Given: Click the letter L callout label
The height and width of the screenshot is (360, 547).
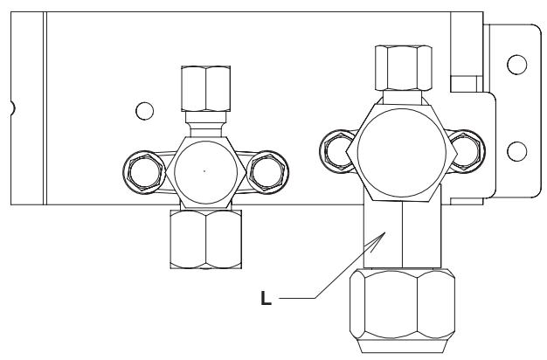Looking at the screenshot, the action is pyautogui.click(x=266, y=299).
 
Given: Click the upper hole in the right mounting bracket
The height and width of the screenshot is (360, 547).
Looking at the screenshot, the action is pyautogui.click(x=517, y=65).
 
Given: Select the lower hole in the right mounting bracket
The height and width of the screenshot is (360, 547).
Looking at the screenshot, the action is pyautogui.click(x=517, y=151).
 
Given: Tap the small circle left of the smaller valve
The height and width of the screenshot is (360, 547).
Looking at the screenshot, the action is pyautogui.click(x=144, y=111).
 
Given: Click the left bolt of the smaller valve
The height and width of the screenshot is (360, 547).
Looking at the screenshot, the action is pyautogui.click(x=144, y=172).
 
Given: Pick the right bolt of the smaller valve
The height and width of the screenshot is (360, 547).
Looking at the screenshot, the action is pyautogui.click(x=268, y=172).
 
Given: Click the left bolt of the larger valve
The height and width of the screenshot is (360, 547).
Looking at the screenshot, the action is pyautogui.click(x=337, y=151).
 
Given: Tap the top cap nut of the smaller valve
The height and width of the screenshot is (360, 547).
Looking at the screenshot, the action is pyautogui.click(x=206, y=88).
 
